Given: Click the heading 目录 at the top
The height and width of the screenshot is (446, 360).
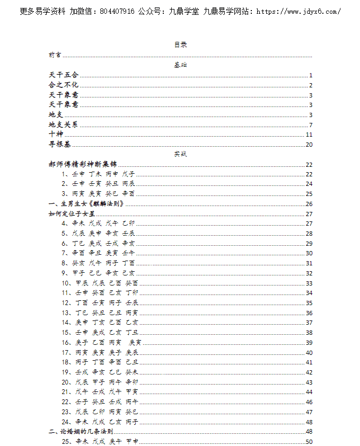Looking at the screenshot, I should pos(180,44).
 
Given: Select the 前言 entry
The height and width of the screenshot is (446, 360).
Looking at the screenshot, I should pos(54,55).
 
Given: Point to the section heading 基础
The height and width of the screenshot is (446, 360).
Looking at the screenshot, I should pos(180,65).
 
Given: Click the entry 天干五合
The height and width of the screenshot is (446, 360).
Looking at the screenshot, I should pos(63,75).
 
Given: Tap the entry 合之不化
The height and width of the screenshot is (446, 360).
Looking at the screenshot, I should pos(63,85).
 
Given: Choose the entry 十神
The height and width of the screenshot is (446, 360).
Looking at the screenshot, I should pos(55,135).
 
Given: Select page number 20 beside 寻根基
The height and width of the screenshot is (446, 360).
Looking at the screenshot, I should pos(309,145).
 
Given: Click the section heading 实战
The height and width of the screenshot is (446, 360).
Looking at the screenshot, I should pos(180,154).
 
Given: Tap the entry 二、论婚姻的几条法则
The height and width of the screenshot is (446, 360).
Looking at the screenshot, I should pos(80,432).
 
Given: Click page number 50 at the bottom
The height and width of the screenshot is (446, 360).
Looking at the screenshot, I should pos(309,442).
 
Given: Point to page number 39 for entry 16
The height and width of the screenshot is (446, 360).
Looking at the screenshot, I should pos(309,343).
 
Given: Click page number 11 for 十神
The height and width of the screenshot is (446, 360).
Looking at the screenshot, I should pos(309,135).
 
